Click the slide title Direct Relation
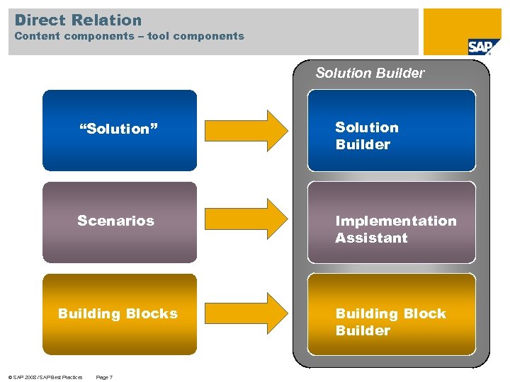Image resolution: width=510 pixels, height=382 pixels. (78, 20)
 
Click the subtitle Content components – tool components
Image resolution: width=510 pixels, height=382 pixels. (129, 36)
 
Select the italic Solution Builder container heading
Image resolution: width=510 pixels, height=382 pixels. (370, 73)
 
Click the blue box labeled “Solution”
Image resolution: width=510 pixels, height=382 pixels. (120, 130)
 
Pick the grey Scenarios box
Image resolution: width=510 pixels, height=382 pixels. (120, 222)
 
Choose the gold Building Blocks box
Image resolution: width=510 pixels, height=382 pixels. (120, 314)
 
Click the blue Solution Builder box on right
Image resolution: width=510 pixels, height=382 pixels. (392, 131)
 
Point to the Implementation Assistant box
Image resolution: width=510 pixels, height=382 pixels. (392, 223)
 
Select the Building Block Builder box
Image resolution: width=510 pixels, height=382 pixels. (392, 315)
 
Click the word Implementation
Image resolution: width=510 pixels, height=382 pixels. (396, 221)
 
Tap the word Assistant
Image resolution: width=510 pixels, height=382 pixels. (371, 238)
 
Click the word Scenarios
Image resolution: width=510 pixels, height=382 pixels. (115, 221)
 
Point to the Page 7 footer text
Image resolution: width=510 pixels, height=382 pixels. (103, 377)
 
